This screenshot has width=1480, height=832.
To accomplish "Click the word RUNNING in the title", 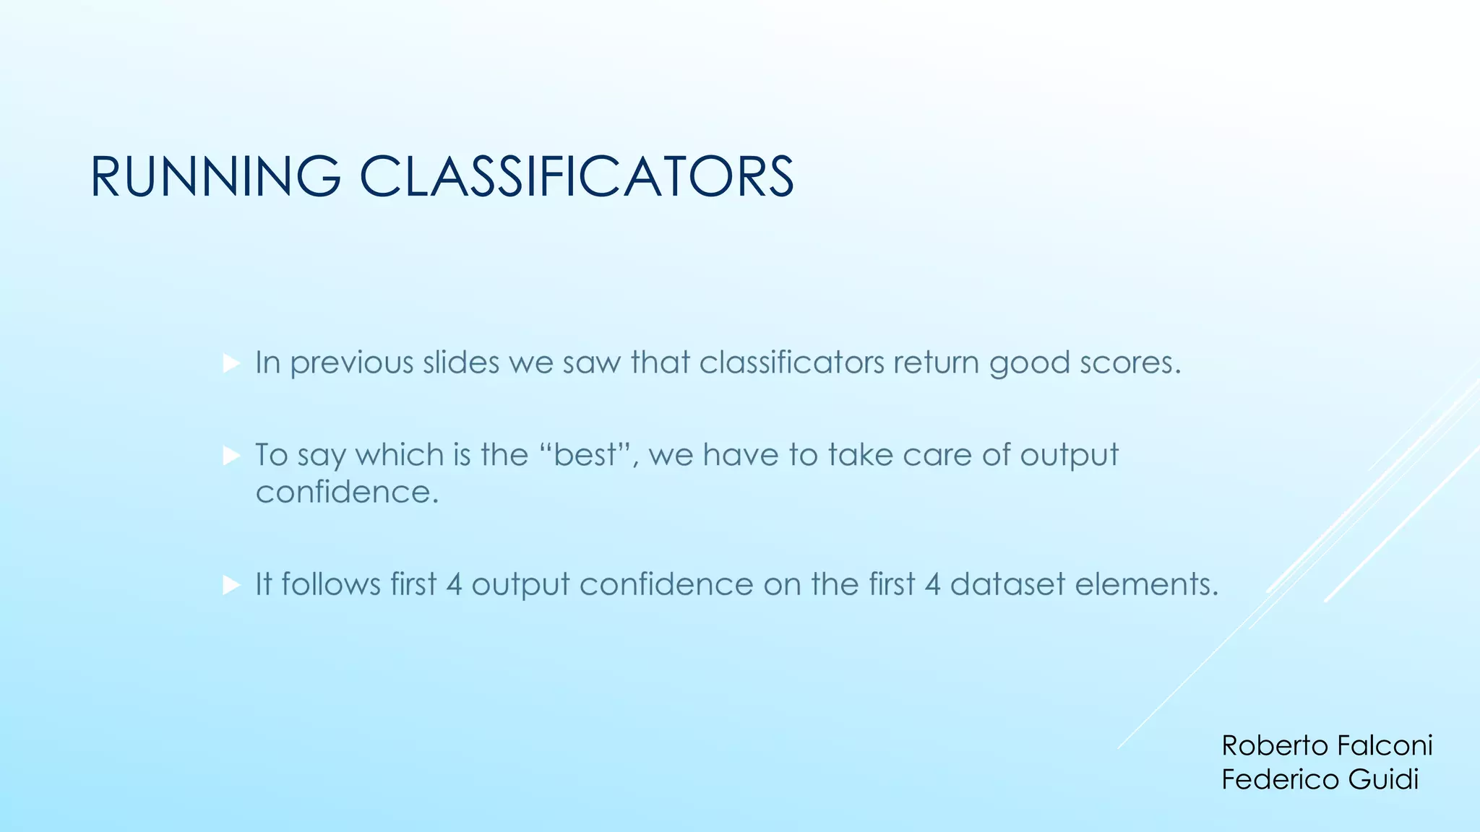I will click(215, 177).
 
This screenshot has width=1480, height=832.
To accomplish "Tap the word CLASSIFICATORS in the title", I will click(577, 177).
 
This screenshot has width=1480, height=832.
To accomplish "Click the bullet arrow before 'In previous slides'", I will click(231, 363).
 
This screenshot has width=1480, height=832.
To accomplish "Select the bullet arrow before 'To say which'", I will click(231, 456).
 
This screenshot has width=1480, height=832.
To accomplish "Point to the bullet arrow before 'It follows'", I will click(231, 584).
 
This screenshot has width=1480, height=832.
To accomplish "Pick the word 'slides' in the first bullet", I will click(461, 362).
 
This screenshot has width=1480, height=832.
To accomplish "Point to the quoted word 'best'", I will click(585, 455).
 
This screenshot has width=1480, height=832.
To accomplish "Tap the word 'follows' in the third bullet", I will click(331, 584).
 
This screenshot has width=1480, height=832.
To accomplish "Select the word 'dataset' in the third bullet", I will click(1007, 584).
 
